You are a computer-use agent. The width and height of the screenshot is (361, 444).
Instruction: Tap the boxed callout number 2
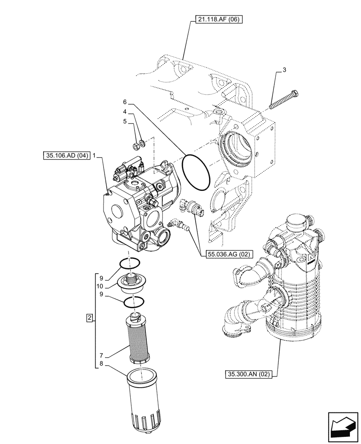coord(90,318)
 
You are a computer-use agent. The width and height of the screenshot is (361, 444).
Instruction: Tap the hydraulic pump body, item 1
coord(133,204)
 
